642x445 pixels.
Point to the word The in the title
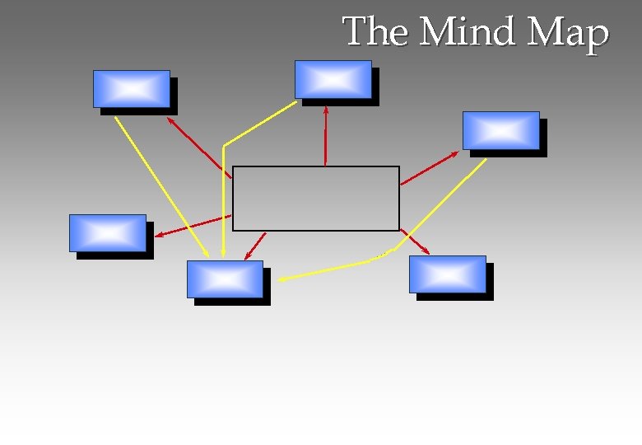[x=376, y=33]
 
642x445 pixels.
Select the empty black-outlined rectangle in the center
[x=316, y=199]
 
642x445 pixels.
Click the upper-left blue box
[x=132, y=89]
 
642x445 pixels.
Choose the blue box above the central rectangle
[x=333, y=79]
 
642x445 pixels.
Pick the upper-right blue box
[x=501, y=130]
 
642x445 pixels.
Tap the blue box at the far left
[x=108, y=233]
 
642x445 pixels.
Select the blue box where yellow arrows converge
[x=225, y=279]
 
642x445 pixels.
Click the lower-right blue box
[x=448, y=274]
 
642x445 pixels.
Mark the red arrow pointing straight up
[x=326, y=136]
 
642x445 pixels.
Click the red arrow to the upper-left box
[x=198, y=146]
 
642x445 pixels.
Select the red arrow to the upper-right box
[x=429, y=168]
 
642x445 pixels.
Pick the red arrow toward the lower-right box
[x=415, y=242]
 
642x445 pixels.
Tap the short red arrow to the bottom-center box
[x=255, y=246]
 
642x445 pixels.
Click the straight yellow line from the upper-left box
[x=161, y=185]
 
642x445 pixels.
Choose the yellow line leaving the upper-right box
[x=441, y=206]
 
